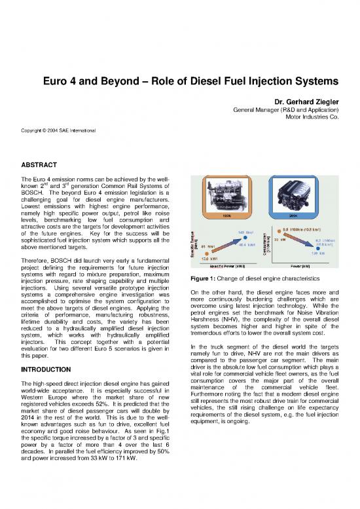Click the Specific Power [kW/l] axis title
(x=229, y=267)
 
